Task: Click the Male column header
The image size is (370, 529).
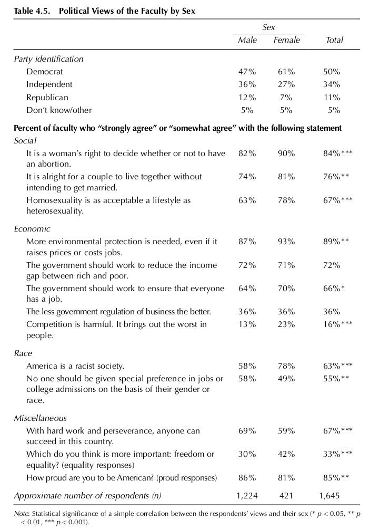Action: click(x=247, y=40)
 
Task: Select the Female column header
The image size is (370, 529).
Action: click(x=286, y=40)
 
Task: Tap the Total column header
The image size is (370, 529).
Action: click(x=334, y=40)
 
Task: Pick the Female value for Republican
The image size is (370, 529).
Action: click(x=286, y=98)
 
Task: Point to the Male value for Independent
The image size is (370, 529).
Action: click(x=247, y=84)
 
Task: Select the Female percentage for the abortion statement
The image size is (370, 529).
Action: click(x=286, y=153)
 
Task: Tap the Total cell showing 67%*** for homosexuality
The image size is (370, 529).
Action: click(x=337, y=200)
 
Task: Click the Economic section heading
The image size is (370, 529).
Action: click(x=32, y=229)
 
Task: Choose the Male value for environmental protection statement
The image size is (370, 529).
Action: click(x=247, y=242)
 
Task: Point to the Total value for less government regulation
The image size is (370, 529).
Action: click(x=332, y=312)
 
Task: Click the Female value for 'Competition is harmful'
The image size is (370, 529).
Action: click(x=286, y=324)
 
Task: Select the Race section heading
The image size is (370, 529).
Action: click(x=23, y=353)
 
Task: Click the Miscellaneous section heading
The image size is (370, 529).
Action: click(x=41, y=418)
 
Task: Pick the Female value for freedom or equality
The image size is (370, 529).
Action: click(x=286, y=454)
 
